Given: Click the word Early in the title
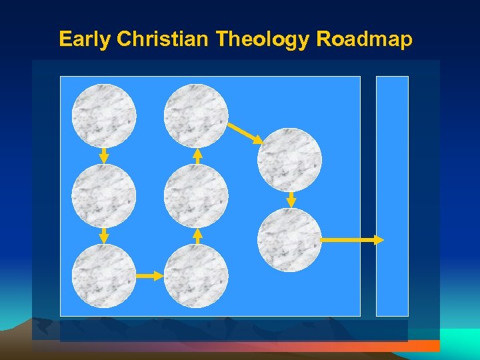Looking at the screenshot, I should click(85, 39).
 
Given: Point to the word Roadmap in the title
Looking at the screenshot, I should click(364, 39).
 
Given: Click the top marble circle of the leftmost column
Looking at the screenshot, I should click(104, 115).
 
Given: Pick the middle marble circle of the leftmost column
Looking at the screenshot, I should click(104, 196).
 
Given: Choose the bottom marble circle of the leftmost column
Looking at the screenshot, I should click(104, 276).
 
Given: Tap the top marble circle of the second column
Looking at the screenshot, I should click(196, 115).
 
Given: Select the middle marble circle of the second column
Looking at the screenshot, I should click(196, 196).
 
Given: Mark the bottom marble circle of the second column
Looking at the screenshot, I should click(196, 276).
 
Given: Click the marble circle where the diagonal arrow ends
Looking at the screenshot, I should click(289, 160).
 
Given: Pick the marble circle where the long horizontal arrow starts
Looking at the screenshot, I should click(289, 240).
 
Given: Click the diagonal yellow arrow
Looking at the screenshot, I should click(245, 133).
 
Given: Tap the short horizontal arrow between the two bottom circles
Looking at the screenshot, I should click(150, 275).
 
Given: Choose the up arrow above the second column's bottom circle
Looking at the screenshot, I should click(197, 236).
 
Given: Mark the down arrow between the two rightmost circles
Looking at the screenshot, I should click(291, 200).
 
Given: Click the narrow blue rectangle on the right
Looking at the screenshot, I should click(392, 196).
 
